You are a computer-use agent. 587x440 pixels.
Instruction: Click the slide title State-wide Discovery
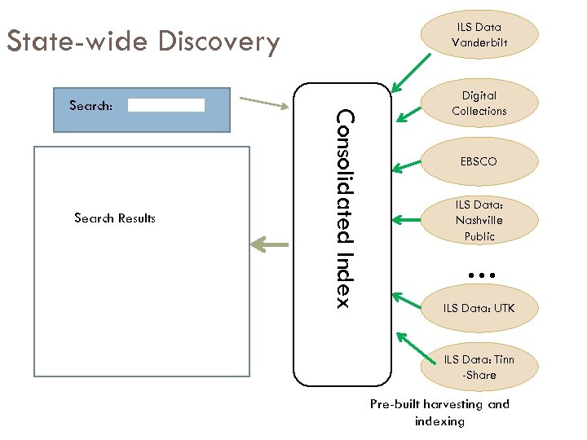(143, 41)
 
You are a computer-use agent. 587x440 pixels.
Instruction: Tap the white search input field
(166, 105)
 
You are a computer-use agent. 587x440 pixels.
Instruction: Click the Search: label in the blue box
(91, 105)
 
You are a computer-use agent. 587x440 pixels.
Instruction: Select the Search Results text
(114, 218)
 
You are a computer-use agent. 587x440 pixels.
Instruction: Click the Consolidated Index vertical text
(343, 209)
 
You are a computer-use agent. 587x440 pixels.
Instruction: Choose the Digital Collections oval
(479, 103)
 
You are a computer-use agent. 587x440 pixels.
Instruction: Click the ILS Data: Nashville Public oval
(479, 220)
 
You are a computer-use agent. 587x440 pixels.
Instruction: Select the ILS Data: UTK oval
(479, 308)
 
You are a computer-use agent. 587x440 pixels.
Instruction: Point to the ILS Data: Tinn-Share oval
(479, 367)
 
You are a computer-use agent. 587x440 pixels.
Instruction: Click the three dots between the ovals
(483, 276)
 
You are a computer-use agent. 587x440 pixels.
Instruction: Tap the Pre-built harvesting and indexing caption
(439, 412)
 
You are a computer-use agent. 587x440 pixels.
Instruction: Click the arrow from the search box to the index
(265, 103)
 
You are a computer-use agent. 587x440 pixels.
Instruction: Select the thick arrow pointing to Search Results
(270, 243)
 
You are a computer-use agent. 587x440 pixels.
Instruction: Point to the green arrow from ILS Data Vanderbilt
(413, 70)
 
